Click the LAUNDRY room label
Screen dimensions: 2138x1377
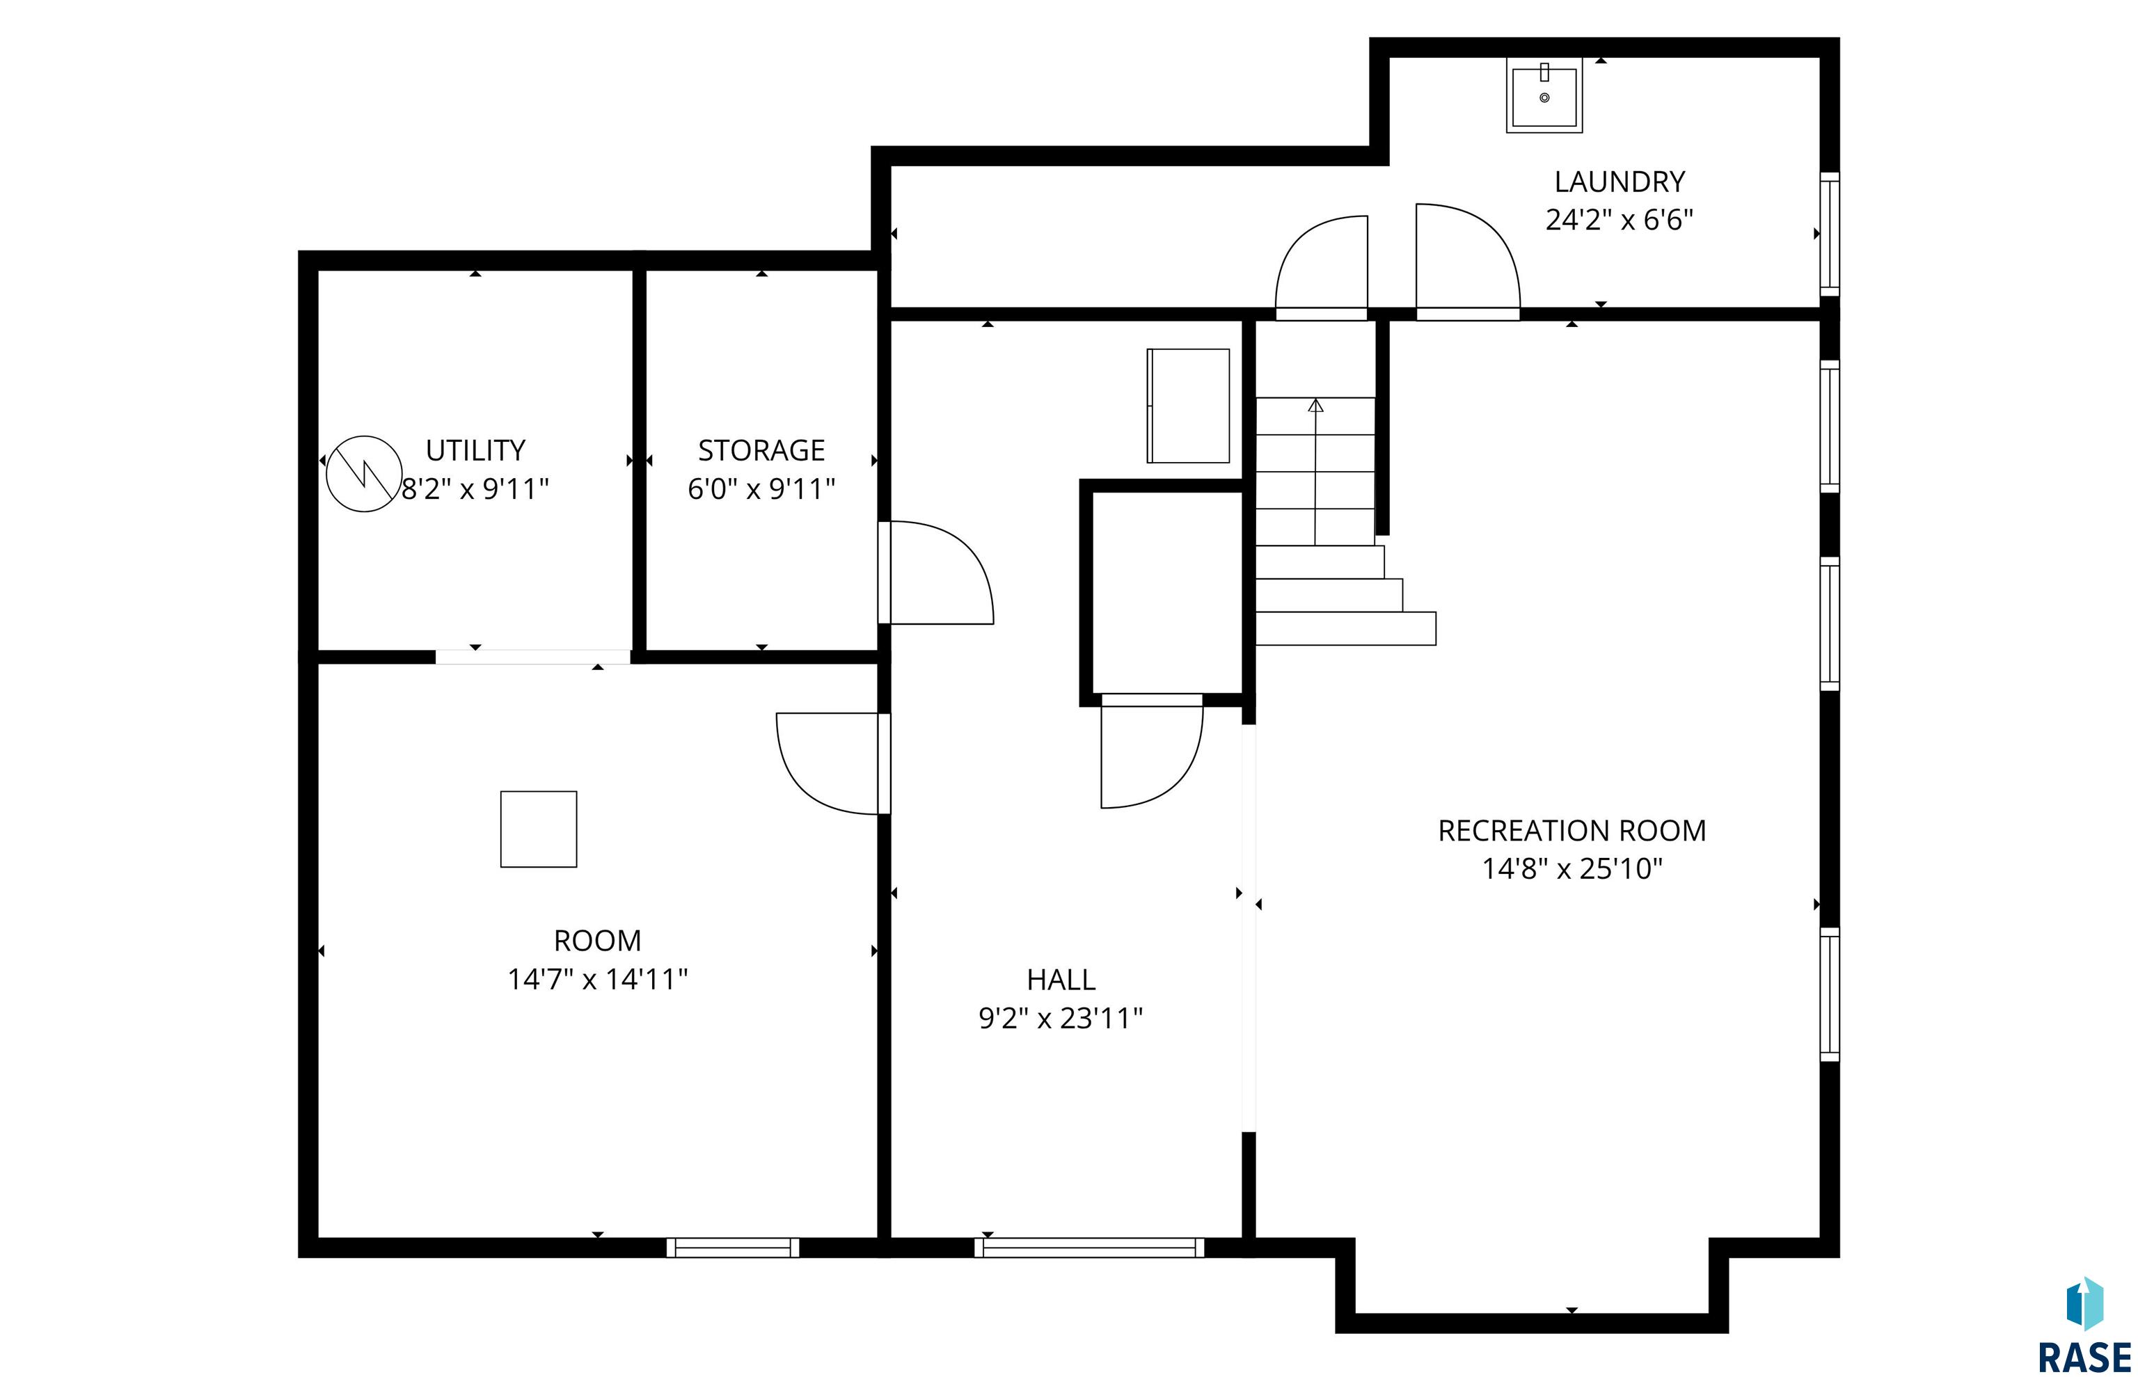click(1619, 182)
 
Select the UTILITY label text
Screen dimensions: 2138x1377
click(475, 449)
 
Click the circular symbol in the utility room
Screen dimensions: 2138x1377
click(364, 474)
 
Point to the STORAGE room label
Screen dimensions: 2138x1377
click(761, 449)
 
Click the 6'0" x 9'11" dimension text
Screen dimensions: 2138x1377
click(761, 489)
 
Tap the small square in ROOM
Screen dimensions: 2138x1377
click(538, 829)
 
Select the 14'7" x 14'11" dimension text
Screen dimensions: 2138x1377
click(597, 979)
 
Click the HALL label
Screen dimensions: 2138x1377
click(1061, 980)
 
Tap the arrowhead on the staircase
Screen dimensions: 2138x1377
click(1315, 405)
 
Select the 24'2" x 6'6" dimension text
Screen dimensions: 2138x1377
click(1619, 220)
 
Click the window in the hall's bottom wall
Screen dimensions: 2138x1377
click(1088, 1248)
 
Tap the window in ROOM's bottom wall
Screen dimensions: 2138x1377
click(732, 1248)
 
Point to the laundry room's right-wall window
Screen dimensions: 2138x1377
click(1830, 234)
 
